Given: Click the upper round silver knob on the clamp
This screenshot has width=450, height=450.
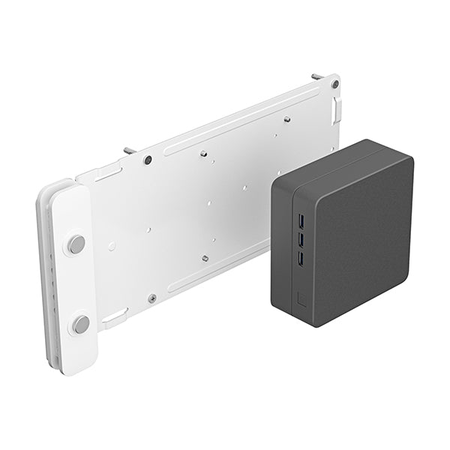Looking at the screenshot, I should (x=76, y=244).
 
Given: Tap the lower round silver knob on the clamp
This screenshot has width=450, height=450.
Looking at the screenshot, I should (x=80, y=324).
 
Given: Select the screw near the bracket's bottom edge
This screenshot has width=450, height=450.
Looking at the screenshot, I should (x=152, y=298).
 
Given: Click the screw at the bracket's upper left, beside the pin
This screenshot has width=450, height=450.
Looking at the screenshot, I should (x=148, y=160).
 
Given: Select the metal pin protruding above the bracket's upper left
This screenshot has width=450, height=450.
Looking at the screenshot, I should (x=133, y=150).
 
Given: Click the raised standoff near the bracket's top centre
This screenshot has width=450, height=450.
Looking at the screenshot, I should (x=204, y=154).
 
